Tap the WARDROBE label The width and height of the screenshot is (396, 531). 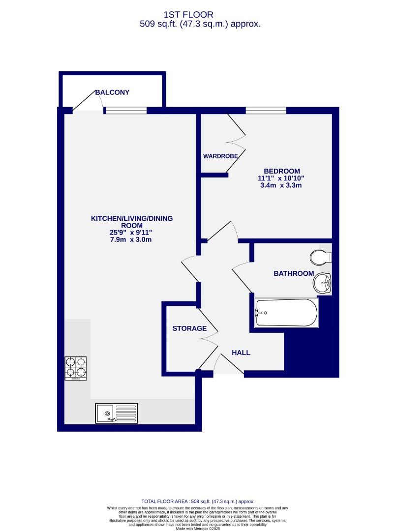[x=220, y=156]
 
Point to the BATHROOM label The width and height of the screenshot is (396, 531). [x=294, y=273]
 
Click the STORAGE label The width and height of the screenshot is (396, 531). [x=189, y=328]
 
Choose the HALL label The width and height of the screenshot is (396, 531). [x=241, y=353]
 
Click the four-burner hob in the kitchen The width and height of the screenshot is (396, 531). [x=76, y=368]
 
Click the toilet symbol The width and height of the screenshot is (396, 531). [x=321, y=257]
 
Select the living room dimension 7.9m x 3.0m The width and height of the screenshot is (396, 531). [x=131, y=239]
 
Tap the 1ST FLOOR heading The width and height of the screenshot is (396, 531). [x=199, y=15]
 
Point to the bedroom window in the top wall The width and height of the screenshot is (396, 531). [x=266, y=110]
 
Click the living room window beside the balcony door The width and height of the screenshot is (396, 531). [x=126, y=111]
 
